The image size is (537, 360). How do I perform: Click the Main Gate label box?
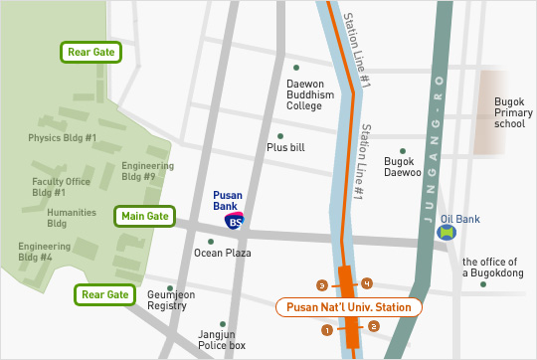click(145, 216)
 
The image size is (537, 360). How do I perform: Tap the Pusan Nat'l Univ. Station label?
click(349, 307)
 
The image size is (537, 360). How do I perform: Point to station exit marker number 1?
click(325, 329)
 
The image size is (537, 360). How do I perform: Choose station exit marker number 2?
click(373, 325)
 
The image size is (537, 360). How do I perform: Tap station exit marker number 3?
click(320, 284)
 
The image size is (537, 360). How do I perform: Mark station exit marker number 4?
click(367, 283)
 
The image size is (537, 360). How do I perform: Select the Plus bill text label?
click(285, 147)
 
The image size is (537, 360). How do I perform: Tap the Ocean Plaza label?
click(222, 254)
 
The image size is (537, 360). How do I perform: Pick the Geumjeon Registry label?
click(171, 301)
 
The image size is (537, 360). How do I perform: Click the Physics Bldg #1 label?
click(62, 138)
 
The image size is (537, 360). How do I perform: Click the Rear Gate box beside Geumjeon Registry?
click(104, 294)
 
